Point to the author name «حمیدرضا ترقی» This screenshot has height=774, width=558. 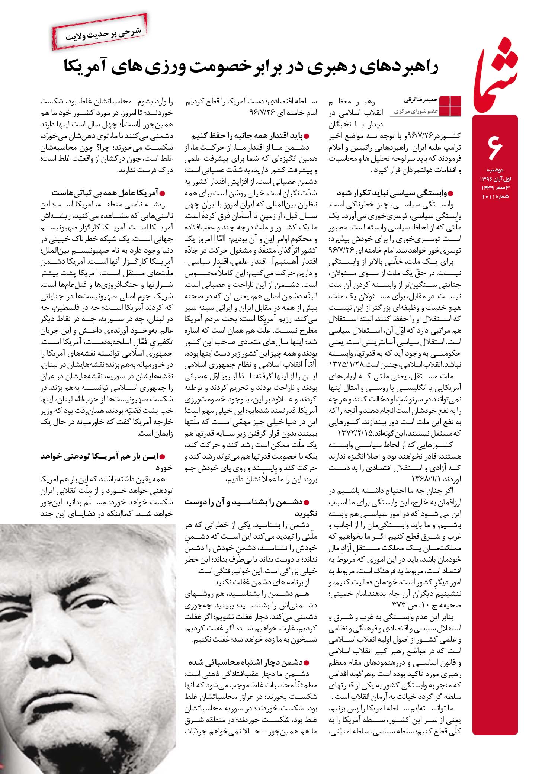click(421, 100)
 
